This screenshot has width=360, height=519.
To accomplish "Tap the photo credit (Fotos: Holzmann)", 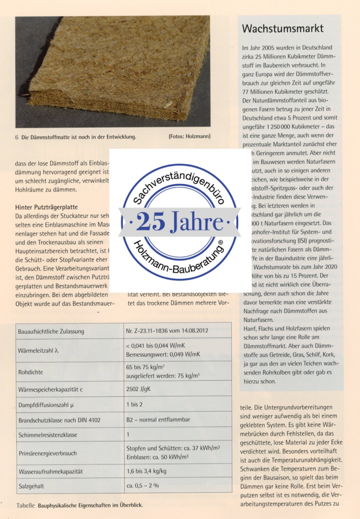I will tap(189, 136).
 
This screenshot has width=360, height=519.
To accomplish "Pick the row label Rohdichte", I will tap(31, 372).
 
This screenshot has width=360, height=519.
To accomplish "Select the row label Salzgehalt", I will tap(31, 486).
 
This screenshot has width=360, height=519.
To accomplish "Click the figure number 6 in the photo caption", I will tap(17, 137).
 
